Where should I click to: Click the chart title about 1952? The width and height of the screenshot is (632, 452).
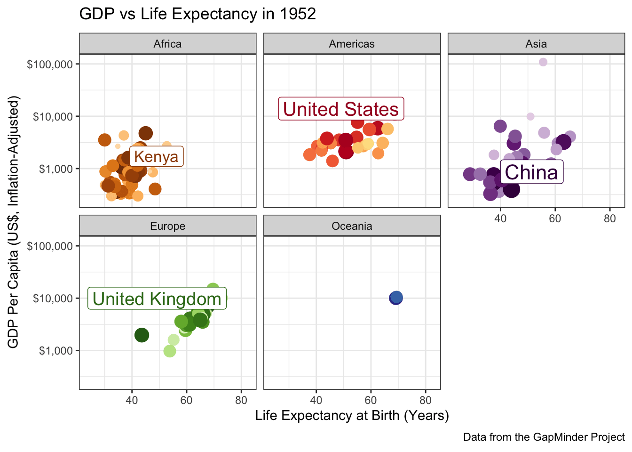(197, 14)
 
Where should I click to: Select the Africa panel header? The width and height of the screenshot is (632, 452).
(167, 44)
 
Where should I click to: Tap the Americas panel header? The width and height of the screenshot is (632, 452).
(352, 44)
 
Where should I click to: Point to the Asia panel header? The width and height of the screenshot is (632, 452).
(536, 44)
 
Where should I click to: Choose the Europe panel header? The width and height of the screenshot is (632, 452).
(167, 226)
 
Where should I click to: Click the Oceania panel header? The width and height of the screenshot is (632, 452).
(352, 226)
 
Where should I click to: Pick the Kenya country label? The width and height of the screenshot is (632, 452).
(156, 157)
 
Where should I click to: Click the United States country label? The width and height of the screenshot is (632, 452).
(341, 109)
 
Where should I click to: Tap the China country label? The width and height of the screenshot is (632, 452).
(531, 173)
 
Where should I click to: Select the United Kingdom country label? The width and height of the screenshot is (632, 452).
(157, 299)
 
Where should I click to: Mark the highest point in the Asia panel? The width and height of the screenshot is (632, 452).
(543, 62)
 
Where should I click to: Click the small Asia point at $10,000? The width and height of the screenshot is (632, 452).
(530, 116)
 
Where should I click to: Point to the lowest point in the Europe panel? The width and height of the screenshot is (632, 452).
(170, 351)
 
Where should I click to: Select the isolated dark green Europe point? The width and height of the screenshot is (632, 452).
(142, 335)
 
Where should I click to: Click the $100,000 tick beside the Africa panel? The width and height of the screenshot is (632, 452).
(50, 64)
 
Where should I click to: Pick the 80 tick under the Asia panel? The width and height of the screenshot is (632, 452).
(609, 218)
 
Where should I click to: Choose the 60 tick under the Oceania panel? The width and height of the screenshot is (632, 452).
(371, 401)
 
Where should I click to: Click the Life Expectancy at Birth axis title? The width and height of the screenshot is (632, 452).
(352, 416)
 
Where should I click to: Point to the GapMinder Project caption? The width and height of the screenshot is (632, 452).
(544, 437)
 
